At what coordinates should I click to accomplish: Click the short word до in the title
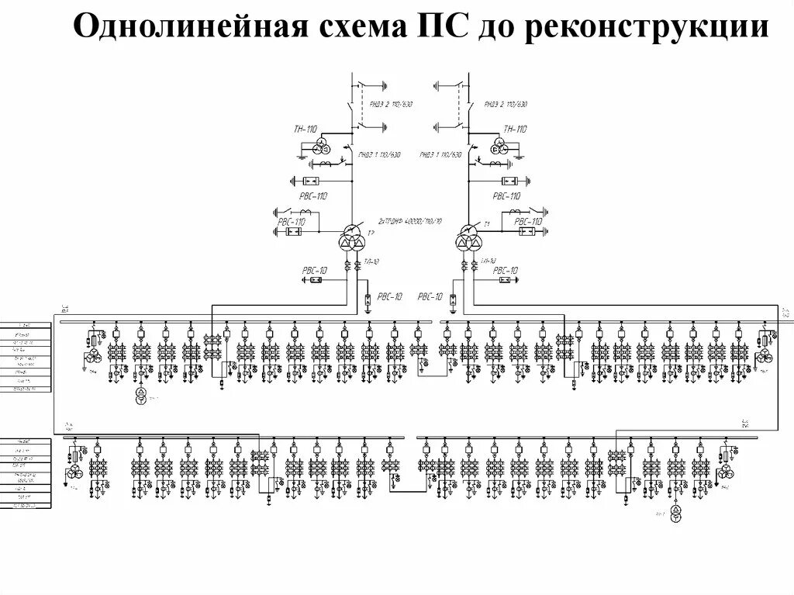click(491, 31)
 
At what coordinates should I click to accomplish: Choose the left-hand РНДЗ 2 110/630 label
click(378, 103)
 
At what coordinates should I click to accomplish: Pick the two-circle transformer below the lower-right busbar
click(675, 515)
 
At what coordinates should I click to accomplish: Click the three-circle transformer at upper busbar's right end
click(765, 355)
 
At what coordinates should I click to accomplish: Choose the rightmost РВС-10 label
click(505, 271)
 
